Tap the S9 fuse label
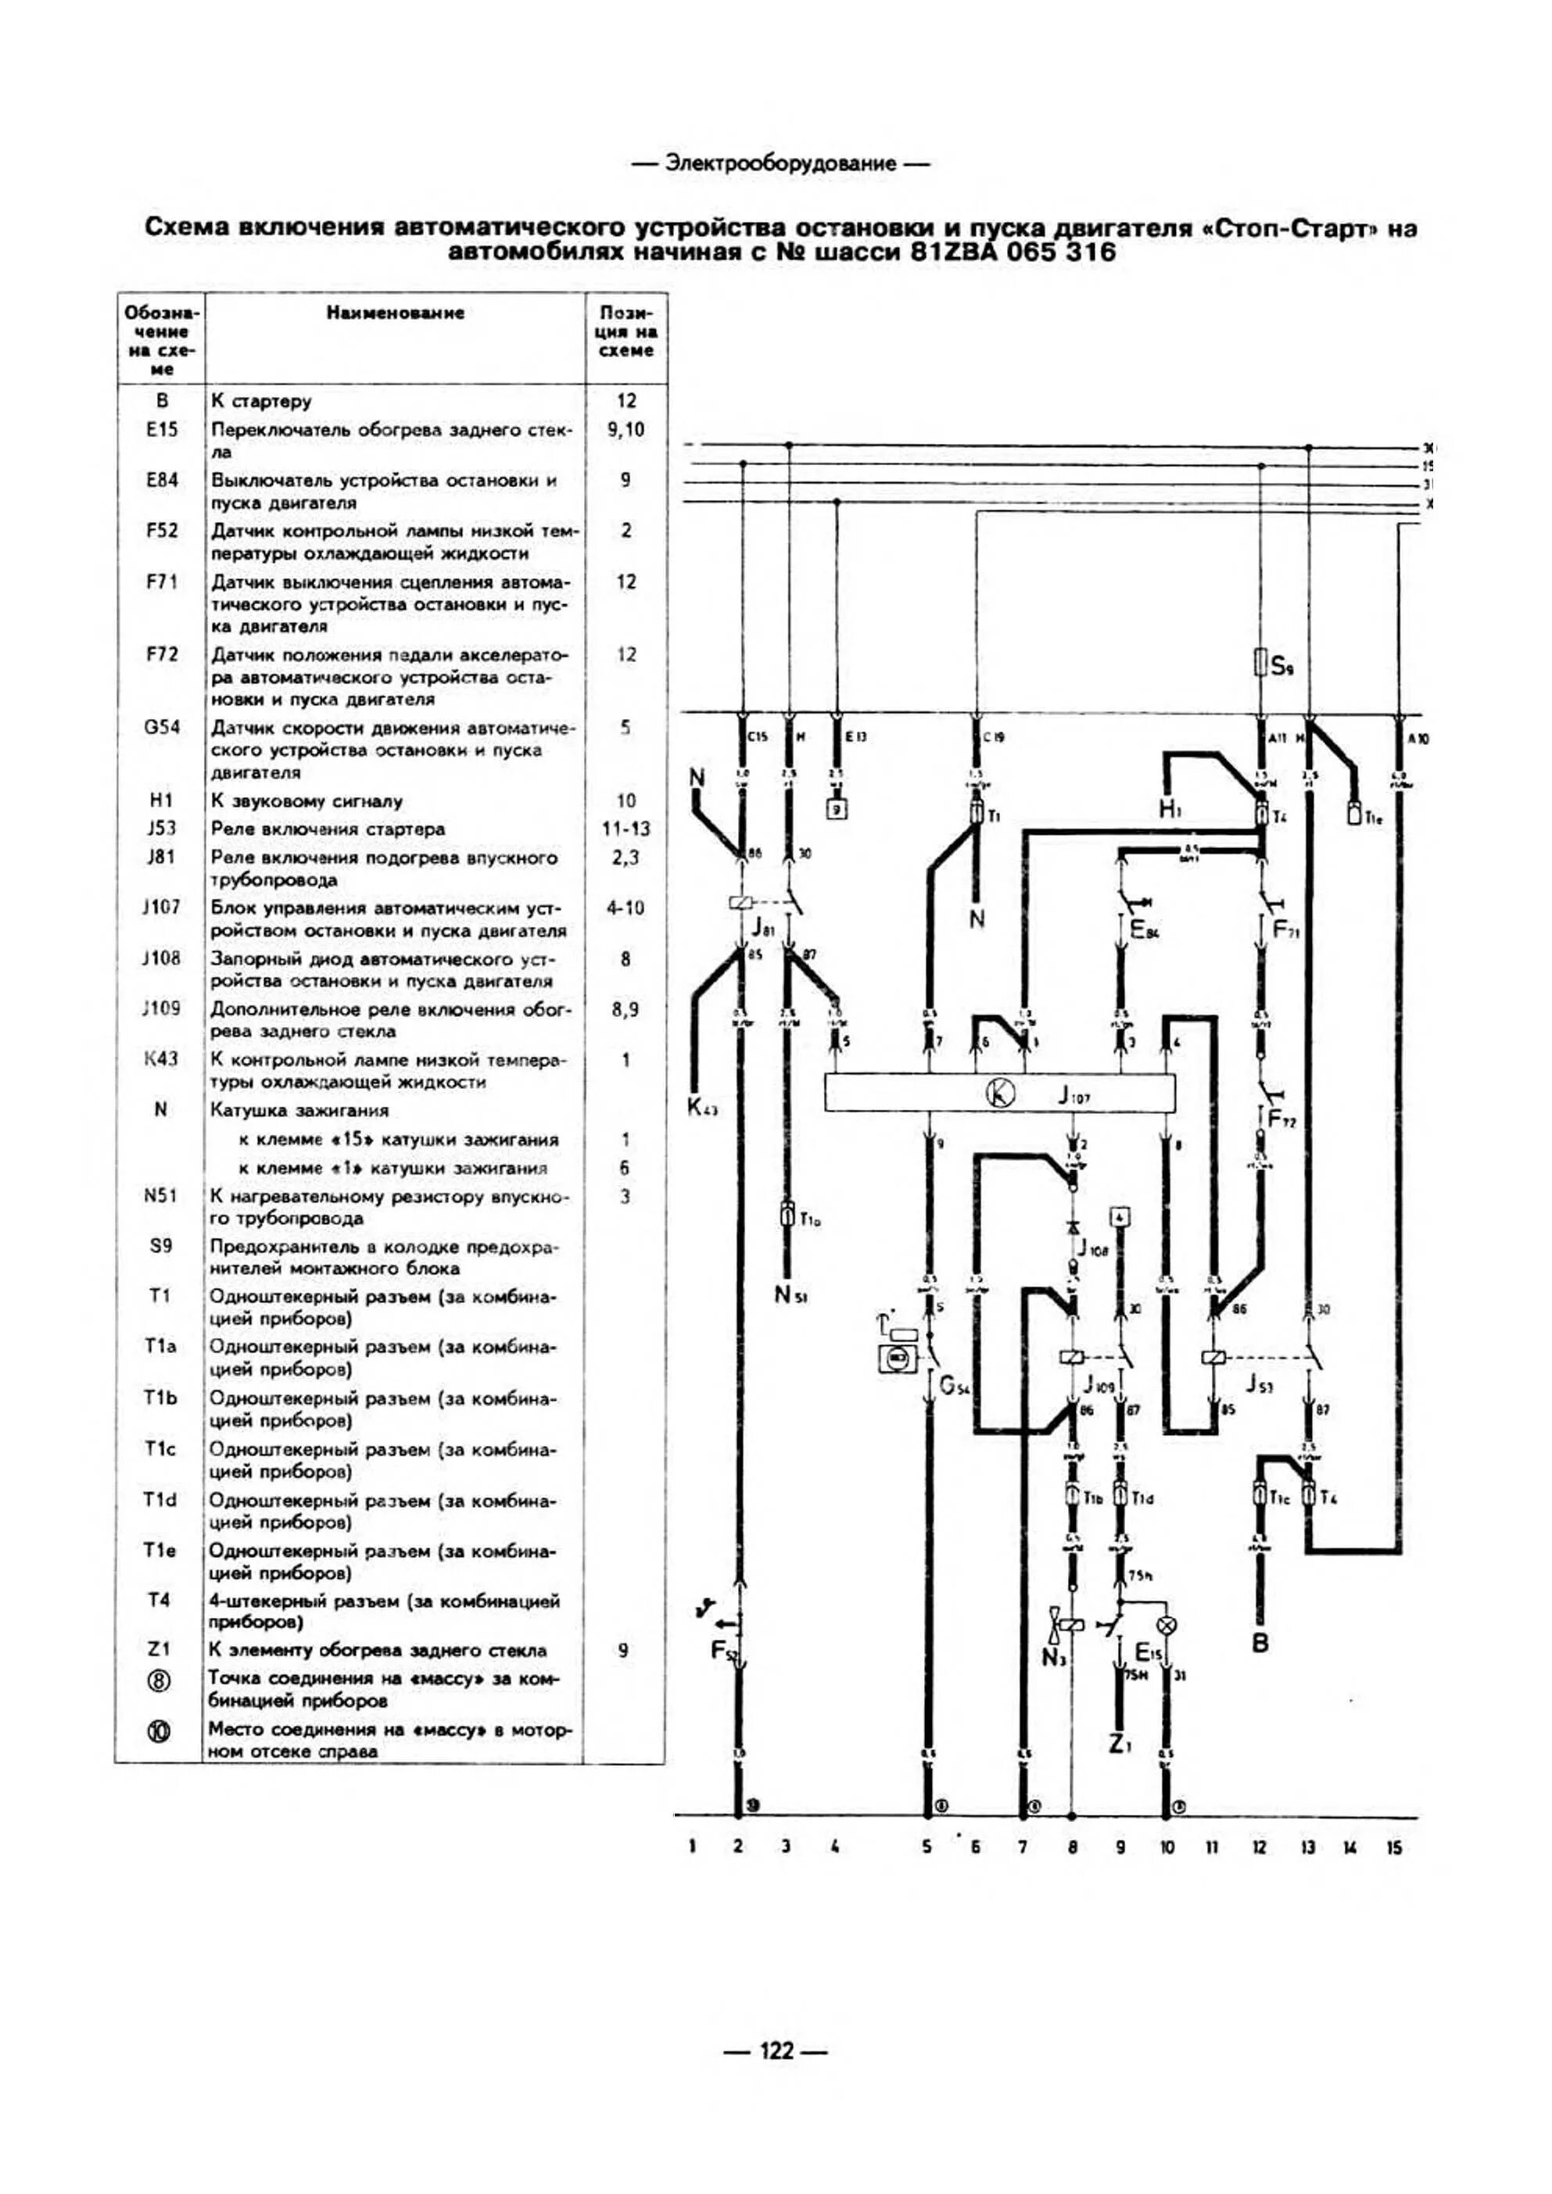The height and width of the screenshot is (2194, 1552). pyautogui.click(x=1282, y=666)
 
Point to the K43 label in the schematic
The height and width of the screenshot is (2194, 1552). pyautogui.click(x=702, y=1108)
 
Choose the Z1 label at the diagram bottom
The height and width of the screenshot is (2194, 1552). pyautogui.click(x=1121, y=1745)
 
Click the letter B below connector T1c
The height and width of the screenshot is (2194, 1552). pyautogui.click(x=1260, y=1644)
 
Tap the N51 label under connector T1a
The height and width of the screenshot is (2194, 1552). pyautogui.click(x=790, y=1295)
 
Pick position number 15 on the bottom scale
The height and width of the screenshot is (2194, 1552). pyautogui.click(x=1394, y=1847)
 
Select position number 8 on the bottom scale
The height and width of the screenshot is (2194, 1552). pyautogui.click(x=1072, y=1847)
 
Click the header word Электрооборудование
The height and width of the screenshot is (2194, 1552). pyautogui.click(x=780, y=163)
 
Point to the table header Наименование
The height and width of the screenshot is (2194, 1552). pyautogui.click(x=395, y=313)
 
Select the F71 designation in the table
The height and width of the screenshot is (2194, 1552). pyautogui.click(x=162, y=581)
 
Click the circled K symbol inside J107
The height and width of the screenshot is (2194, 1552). pyautogui.click(x=1000, y=1092)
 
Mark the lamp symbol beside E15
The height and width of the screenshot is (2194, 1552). pyautogui.click(x=1166, y=1624)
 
